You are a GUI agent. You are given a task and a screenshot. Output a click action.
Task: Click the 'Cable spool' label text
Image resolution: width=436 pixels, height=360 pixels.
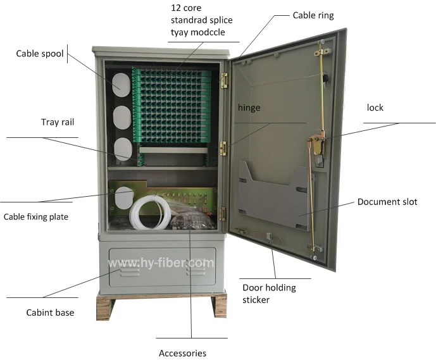tap(40, 54)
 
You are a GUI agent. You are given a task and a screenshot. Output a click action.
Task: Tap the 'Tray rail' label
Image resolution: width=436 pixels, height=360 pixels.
tap(58, 122)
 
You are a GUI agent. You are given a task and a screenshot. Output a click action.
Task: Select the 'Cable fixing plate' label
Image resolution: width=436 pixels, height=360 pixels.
tap(36, 217)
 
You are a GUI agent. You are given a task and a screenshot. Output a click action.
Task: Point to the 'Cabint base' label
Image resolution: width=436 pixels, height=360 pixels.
tap(50, 313)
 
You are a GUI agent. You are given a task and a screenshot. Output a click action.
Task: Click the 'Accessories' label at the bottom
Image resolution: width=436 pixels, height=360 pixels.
tap(182, 353)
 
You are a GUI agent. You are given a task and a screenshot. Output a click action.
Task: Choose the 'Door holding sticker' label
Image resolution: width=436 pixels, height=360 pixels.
tap(269, 294)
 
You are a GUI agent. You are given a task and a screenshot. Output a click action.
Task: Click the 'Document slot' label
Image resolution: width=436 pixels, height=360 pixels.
tap(387, 202)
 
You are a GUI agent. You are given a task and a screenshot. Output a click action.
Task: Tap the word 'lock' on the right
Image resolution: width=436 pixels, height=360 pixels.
tap(375, 108)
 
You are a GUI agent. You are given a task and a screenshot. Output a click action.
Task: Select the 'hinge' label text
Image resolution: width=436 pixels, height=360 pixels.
tap(249, 108)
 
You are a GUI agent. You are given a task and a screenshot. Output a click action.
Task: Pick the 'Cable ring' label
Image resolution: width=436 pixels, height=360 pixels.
tap(313, 15)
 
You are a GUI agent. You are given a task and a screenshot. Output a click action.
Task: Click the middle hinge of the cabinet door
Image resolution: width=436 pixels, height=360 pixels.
tap(223, 147)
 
